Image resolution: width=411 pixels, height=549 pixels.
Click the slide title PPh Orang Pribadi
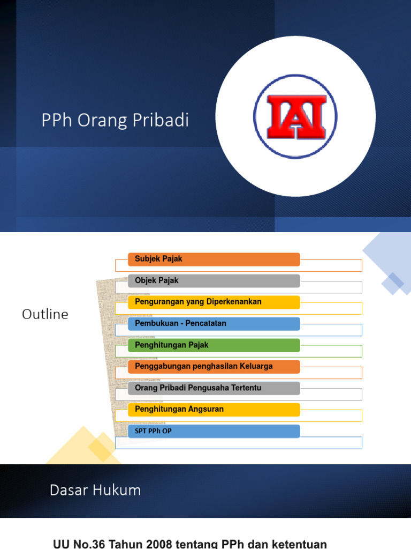pyautogui.click(x=115, y=121)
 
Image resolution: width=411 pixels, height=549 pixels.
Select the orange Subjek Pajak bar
pyautogui.click(x=214, y=259)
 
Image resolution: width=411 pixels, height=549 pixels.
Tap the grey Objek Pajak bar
pyautogui.click(x=214, y=281)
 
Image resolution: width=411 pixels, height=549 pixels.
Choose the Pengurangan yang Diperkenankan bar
pyautogui.click(x=214, y=302)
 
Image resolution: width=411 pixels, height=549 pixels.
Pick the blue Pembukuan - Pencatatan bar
pyautogui.click(x=214, y=324)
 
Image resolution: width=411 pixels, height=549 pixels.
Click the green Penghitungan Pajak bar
pyautogui.click(x=214, y=345)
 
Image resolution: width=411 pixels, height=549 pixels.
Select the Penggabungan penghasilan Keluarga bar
pyautogui.click(x=214, y=367)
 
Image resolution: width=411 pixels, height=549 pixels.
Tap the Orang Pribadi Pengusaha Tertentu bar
pyautogui.click(x=214, y=388)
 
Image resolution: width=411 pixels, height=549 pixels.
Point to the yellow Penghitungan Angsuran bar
pyautogui.click(x=214, y=410)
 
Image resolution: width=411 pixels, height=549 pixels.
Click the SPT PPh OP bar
pyautogui.click(x=214, y=431)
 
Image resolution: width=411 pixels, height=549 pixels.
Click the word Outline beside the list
pyautogui.click(x=45, y=315)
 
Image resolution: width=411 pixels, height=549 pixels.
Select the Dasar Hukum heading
pyautogui.click(x=95, y=490)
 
